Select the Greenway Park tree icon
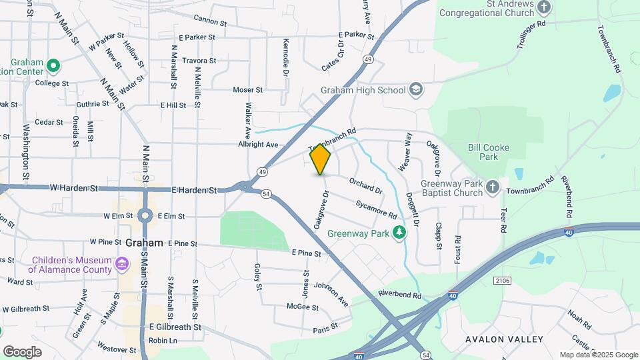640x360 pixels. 399,233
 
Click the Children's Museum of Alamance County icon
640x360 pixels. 121,265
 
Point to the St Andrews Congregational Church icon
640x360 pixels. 545,7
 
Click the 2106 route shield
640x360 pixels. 503,281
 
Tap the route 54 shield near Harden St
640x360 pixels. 266,193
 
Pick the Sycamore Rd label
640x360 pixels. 377,209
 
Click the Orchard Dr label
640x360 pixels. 365,185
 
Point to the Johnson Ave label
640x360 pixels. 331,292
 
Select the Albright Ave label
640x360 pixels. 257,144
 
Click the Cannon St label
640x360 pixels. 210,21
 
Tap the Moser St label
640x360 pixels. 248,89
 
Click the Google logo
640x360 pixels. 22,351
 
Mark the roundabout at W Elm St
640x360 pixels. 145,215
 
